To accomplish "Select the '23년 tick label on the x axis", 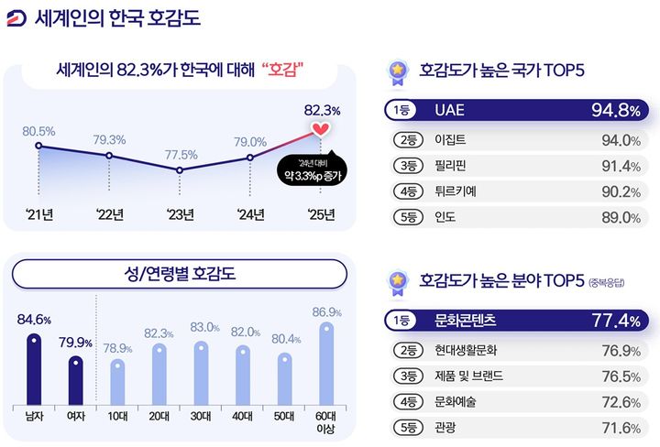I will (x=180, y=215).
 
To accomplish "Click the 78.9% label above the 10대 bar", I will (x=116, y=349).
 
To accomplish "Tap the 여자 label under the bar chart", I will (x=77, y=416).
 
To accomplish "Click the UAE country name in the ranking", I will (x=450, y=110).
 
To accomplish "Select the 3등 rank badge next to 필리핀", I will (x=405, y=166).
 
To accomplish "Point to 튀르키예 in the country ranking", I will (x=456, y=191).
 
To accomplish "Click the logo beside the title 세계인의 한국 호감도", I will (x=16, y=17).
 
